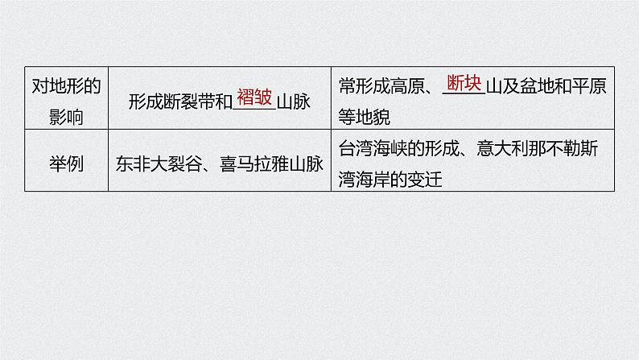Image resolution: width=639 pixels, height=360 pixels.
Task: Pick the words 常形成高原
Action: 381,89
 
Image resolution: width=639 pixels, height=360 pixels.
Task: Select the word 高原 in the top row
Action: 406,89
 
